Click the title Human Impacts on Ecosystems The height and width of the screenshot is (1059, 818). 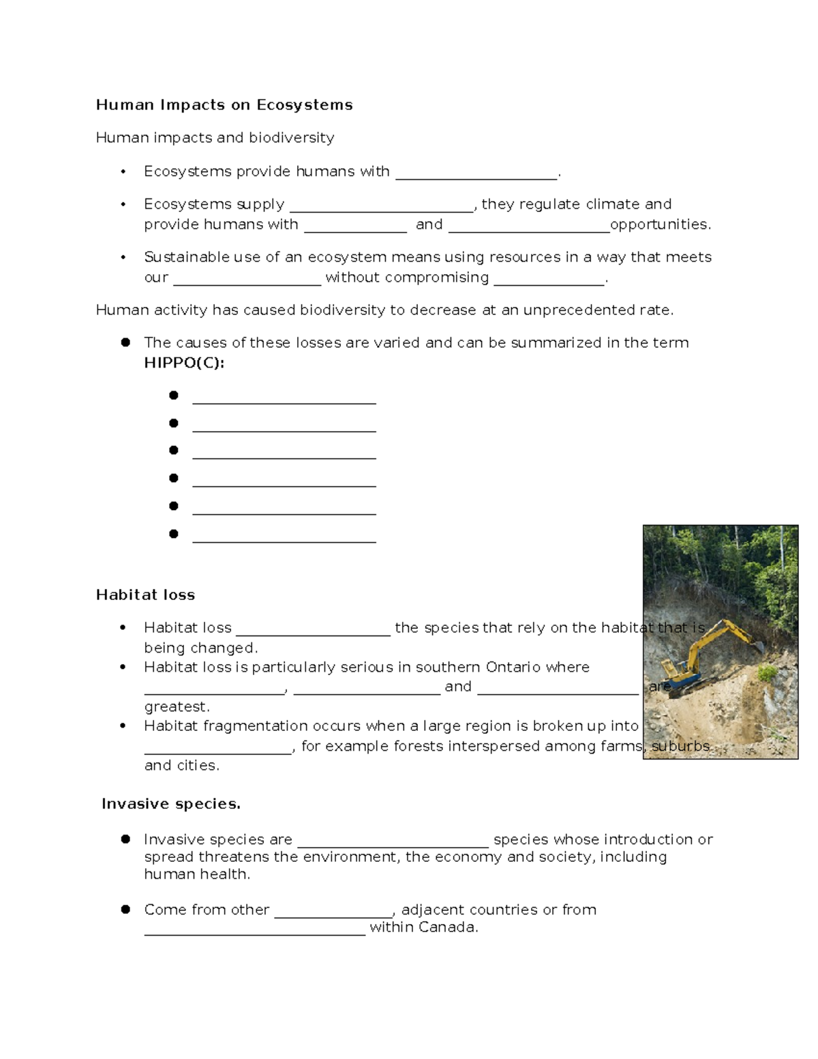coord(224,105)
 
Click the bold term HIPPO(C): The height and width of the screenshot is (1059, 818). coord(184,363)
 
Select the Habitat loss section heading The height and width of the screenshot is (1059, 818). coord(145,595)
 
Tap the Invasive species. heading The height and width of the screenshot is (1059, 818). coord(171,804)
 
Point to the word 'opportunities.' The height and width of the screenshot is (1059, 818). coord(661,224)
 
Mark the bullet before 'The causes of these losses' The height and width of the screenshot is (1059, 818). coord(125,342)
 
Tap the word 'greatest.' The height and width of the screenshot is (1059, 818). coord(177,706)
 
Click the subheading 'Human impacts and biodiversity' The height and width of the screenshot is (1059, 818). coord(215,138)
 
